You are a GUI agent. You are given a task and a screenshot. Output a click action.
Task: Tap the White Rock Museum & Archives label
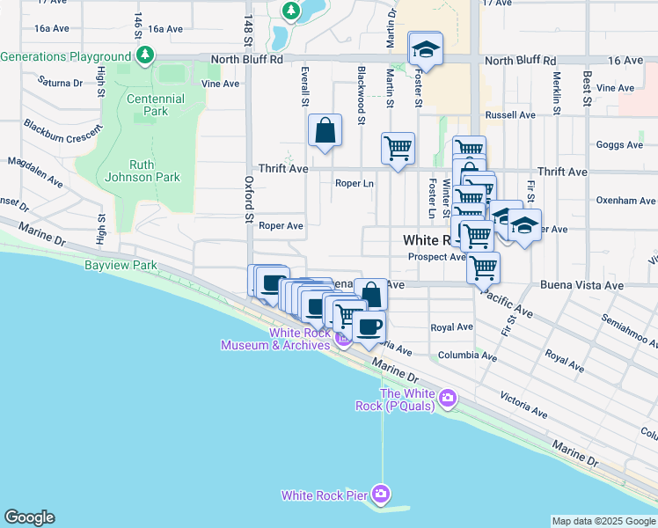[x=275, y=339]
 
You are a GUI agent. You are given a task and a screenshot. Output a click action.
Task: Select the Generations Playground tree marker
[x=145, y=57]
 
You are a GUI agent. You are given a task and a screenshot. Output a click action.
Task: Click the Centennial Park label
[x=155, y=106]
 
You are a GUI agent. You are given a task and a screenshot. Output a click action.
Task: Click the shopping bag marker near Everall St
[x=325, y=131]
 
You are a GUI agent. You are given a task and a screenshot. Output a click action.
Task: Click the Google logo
[x=29, y=517]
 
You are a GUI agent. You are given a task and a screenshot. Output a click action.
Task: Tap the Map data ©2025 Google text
[x=603, y=521]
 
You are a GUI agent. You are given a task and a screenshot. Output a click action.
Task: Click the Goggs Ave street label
[x=619, y=145]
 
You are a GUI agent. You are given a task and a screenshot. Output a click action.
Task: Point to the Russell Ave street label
[x=510, y=115]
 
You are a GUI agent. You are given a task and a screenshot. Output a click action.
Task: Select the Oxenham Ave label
[x=626, y=201]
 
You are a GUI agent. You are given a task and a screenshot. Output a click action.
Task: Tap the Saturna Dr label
[x=61, y=82]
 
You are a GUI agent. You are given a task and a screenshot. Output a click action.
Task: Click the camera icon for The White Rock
[x=448, y=399]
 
